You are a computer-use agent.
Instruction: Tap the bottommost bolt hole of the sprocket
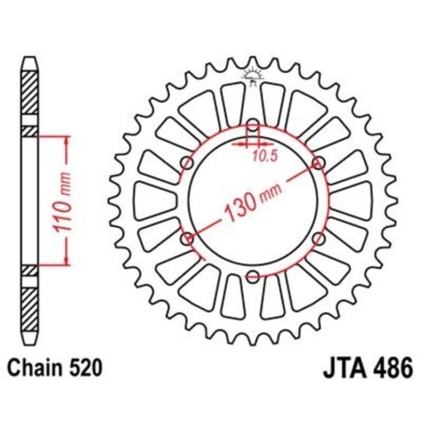[x=252, y=274]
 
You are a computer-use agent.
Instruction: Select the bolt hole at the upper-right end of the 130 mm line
[x=317, y=163]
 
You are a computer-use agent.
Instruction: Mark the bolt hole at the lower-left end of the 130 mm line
[x=188, y=238]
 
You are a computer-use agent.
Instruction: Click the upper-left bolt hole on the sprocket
[x=188, y=163]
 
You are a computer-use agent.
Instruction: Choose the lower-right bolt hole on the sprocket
[x=317, y=238]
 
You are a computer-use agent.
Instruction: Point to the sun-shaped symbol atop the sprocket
[x=252, y=74]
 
